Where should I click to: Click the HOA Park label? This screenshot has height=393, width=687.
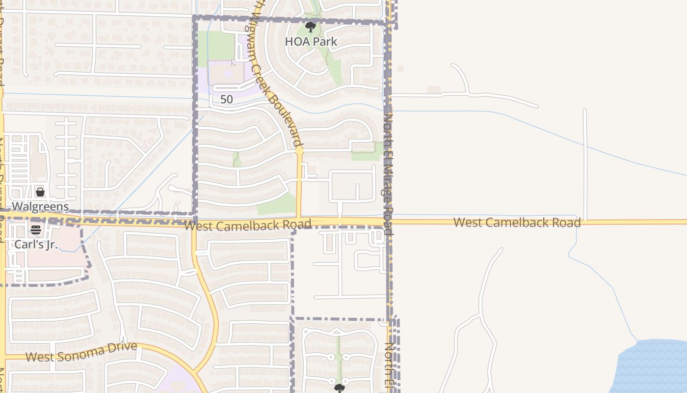point(311,42)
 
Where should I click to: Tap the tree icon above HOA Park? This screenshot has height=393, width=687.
point(310,27)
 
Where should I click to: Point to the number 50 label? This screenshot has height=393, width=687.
point(226,99)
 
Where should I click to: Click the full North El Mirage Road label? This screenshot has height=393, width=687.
point(388,174)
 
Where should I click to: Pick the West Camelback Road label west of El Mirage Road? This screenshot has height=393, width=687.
point(248,225)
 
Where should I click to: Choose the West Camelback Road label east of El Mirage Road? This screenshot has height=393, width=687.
point(517,222)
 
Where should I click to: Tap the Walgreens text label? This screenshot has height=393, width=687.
point(40,206)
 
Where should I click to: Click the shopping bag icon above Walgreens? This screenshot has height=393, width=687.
point(40,192)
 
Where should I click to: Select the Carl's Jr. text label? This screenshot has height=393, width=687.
point(36,244)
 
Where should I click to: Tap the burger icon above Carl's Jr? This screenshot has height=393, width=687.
point(35,229)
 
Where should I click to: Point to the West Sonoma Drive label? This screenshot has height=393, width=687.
point(81,352)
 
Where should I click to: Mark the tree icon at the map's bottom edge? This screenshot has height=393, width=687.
point(339,389)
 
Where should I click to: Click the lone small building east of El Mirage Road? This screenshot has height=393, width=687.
point(434,89)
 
